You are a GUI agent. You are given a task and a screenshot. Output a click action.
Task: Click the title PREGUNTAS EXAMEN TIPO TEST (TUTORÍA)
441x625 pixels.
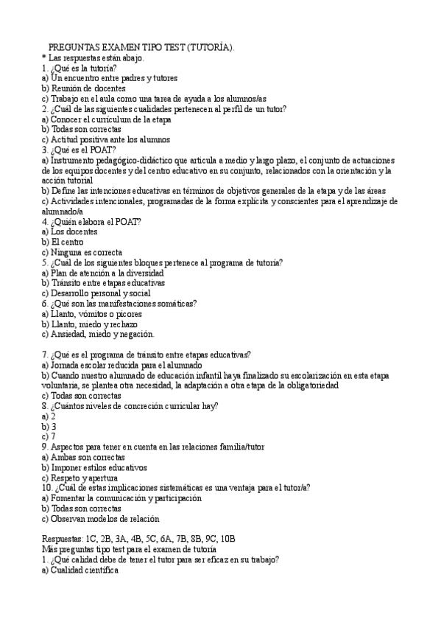(x=141, y=47)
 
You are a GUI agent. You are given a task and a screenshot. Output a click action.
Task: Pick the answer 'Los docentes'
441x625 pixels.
(x=69, y=231)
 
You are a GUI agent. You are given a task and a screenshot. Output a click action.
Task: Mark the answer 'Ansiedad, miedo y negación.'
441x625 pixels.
(x=98, y=334)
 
